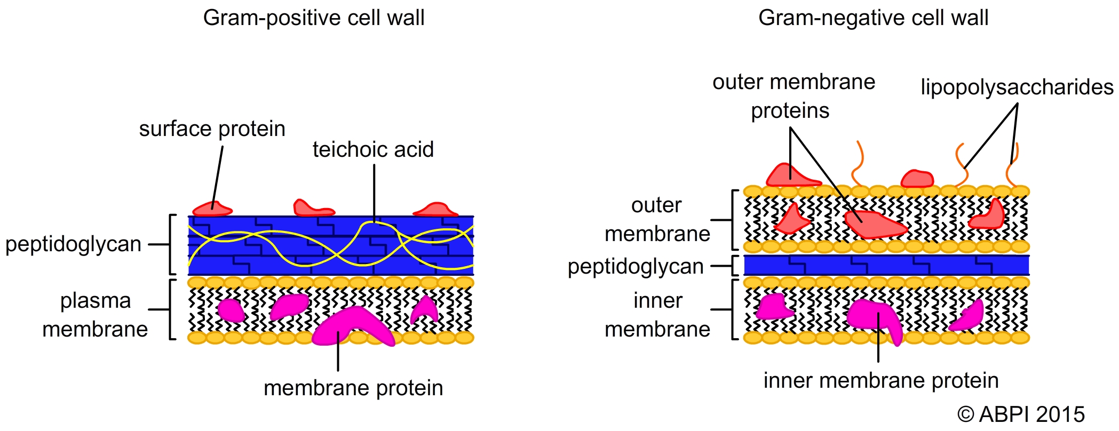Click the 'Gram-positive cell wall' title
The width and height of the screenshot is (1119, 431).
(314, 18)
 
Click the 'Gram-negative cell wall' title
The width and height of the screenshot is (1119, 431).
(873, 18)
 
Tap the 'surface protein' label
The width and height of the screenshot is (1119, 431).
(212, 129)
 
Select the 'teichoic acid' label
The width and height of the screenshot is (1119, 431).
(373, 149)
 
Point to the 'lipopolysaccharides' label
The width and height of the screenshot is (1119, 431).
(1017, 87)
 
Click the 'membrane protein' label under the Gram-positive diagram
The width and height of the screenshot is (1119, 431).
(353, 388)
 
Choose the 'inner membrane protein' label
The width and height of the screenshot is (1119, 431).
(881, 380)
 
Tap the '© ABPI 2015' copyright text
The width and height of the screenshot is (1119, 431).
(1021, 414)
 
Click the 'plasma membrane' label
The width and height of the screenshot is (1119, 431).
(96, 315)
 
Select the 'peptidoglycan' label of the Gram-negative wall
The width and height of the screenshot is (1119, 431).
(636, 267)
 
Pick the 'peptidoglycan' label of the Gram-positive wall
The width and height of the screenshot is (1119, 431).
(73, 244)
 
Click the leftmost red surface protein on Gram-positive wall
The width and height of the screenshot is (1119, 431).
(212, 209)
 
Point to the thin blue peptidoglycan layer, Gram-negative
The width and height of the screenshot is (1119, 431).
(886, 265)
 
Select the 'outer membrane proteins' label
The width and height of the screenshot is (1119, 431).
(793, 97)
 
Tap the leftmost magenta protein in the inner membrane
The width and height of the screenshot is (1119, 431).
(774, 307)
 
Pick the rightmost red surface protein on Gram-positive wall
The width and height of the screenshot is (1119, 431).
(435, 209)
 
